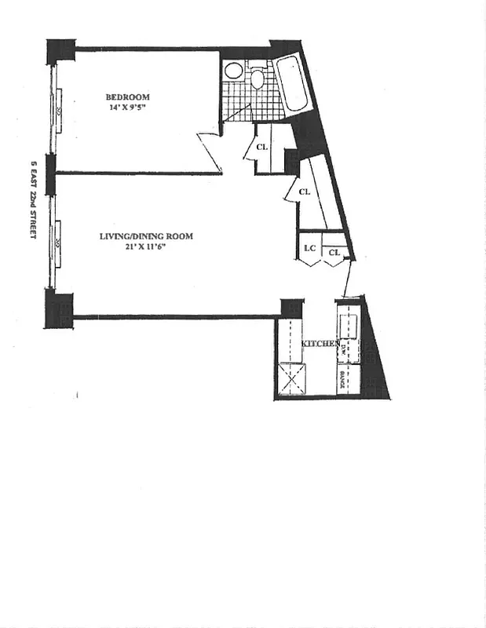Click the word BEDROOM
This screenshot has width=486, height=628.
[x=128, y=97]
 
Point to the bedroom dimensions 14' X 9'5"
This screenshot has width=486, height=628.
[x=128, y=108]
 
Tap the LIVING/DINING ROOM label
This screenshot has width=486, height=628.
[x=146, y=236]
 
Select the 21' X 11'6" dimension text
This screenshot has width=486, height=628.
[x=146, y=246]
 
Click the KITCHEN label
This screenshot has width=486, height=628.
[x=321, y=344]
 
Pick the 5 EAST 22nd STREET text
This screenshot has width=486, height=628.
[x=33, y=199]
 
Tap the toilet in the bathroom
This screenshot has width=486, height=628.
[x=258, y=79]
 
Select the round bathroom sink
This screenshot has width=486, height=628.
[x=233, y=70]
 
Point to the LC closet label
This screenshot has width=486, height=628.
[x=309, y=249]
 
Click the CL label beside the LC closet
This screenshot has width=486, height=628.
[x=334, y=252]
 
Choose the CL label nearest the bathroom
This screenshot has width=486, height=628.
[x=262, y=146]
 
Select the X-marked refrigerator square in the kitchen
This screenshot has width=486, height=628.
[x=292, y=380]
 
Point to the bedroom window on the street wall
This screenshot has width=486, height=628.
[x=55, y=111]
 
